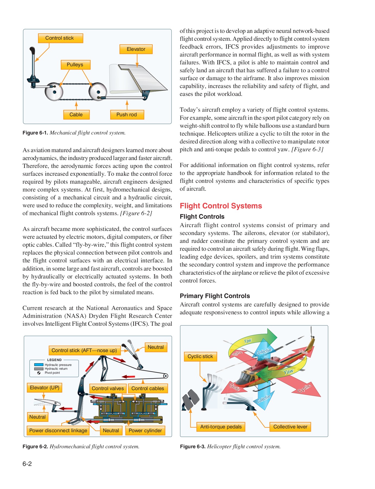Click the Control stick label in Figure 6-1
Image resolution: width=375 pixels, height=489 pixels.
pyautogui.click(x=60, y=38)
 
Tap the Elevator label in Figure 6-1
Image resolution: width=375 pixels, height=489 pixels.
pyautogui.click(x=136, y=49)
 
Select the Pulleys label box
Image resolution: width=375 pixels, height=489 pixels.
pyautogui.click(x=75, y=65)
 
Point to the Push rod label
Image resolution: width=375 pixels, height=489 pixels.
pyautogui.click(x=127, y=115)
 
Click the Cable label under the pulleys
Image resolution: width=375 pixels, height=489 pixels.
pyautogui.click(x=76, y=115)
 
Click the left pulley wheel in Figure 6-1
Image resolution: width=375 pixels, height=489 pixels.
pyautogui.click(x=54, y=92)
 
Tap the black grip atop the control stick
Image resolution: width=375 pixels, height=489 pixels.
pyautogui.click(x=32, y=51)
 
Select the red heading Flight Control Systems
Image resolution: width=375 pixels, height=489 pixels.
pyautogui.click(x=221, y=206)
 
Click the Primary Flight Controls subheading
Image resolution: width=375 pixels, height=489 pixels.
pyautogui.click(x=215, y=296)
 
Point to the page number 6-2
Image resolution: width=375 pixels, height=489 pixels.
pyautogui.click(x=27, y=464)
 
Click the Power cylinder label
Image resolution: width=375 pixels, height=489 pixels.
pyautogui.click(x=145, y=431)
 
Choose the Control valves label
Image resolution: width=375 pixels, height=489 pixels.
pyautogui.click(x=108, y=388)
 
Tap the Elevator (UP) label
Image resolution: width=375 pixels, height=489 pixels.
pyautogui.click(x=45, y=388)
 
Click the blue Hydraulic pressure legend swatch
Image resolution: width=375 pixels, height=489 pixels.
pyautogui.click(x=39, y=365)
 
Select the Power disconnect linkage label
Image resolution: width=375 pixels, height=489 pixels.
pyautogui.click(x=58, y=431)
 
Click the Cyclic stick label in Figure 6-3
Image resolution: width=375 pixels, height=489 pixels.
pyautogui.click(x=200, y=356)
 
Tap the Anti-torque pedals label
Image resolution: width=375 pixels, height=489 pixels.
pyautogui.click(x=221, y=427)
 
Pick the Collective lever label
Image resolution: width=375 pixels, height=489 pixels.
pyautogui.click(x=290, y=427)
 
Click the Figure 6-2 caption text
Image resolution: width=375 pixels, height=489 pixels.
pyautogui.click(x=81, y=447)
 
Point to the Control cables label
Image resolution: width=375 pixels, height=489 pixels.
pyautogui.click(x=148, y=388)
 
